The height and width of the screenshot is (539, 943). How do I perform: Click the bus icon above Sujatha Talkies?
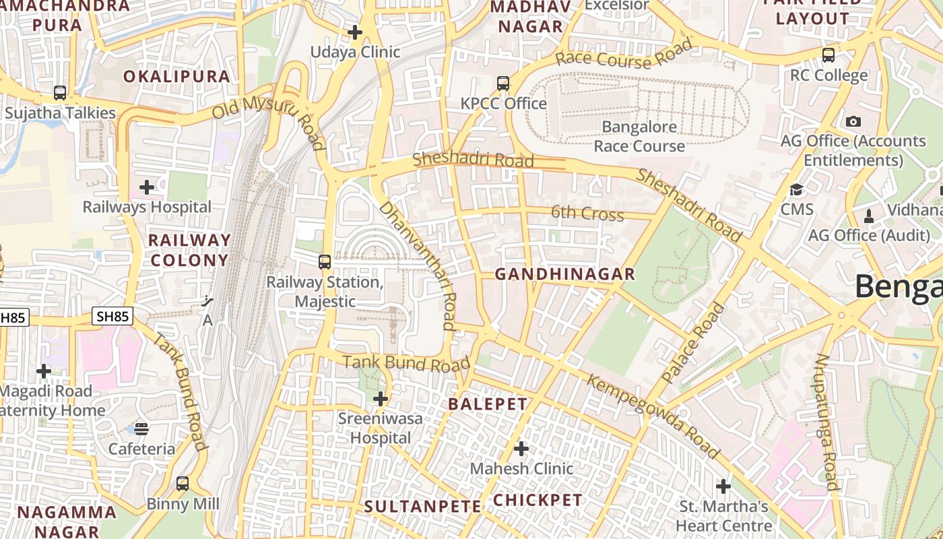[x=60, y=93]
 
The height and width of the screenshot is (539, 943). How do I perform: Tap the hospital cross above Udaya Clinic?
[x=355, y=32]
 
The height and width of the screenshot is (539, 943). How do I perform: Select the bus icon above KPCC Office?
[x=503, y=84]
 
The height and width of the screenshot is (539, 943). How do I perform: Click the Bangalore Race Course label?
[x=639, y=136]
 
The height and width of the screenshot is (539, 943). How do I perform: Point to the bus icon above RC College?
[x=828, y=55]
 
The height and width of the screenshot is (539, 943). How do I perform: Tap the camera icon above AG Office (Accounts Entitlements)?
[x=853, y=121]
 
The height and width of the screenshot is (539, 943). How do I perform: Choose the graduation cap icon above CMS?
[x=797, y=189]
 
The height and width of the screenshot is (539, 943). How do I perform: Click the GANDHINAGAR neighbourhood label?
[x=564, y=274]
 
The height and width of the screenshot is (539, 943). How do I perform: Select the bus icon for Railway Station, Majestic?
[x=325, y=261]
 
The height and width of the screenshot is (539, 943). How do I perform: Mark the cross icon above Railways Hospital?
[x=147, y=187]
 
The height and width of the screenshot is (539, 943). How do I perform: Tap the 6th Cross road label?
[x=587, y=214]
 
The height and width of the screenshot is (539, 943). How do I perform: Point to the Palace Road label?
[x=693, y=344]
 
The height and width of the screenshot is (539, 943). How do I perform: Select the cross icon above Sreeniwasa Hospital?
[x=381, y=399]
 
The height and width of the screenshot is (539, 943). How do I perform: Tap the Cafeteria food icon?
[x=141, y=429]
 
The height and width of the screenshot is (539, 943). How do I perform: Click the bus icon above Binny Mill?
[x=183, y=483]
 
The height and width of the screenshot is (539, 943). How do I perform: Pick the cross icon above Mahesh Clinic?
[x=521, y=448]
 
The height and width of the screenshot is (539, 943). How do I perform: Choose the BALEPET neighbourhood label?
[x=488, y=404]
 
